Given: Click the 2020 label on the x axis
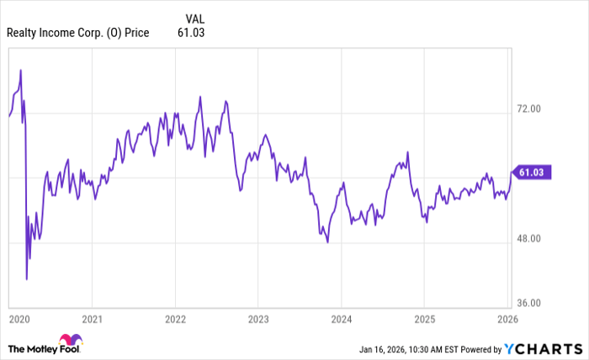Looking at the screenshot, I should pyautogui.click(x=18, y=320).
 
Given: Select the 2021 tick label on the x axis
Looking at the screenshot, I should pyautogui.click(x=93, y=320).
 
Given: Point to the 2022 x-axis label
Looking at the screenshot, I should pyautogui.click(x=175, y=320).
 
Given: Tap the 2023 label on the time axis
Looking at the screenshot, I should pyautogui.click(x=258, y=320).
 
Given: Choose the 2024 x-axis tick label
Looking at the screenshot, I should pyautogui.click(x=341, y=320).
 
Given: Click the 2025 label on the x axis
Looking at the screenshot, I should pyautogui.click(x=424, y=320).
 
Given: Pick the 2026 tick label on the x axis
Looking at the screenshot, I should pyautogui.click(x=507, y=320).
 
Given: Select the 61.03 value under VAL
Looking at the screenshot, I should pyautogui.click(x=191, y=33).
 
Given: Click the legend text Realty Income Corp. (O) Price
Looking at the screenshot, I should pyautogui.click(x=77, y=33).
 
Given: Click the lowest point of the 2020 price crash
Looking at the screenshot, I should pyautogui.click(x=27, y=278).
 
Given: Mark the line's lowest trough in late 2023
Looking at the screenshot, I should pyautogui.click(x=327, y=242).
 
